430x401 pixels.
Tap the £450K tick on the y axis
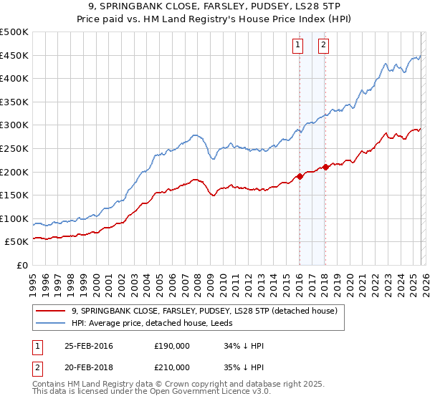point(14,55)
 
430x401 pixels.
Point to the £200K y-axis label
point(14,172)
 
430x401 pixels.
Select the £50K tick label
point(17,242)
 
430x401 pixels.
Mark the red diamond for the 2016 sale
point(300,176)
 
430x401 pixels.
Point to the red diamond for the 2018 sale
point(325,167)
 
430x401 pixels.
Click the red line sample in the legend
point(51,310)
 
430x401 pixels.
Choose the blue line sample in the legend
point(51,323)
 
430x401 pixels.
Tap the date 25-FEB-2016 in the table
point(89,346)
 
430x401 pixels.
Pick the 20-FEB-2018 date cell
point(89,367)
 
